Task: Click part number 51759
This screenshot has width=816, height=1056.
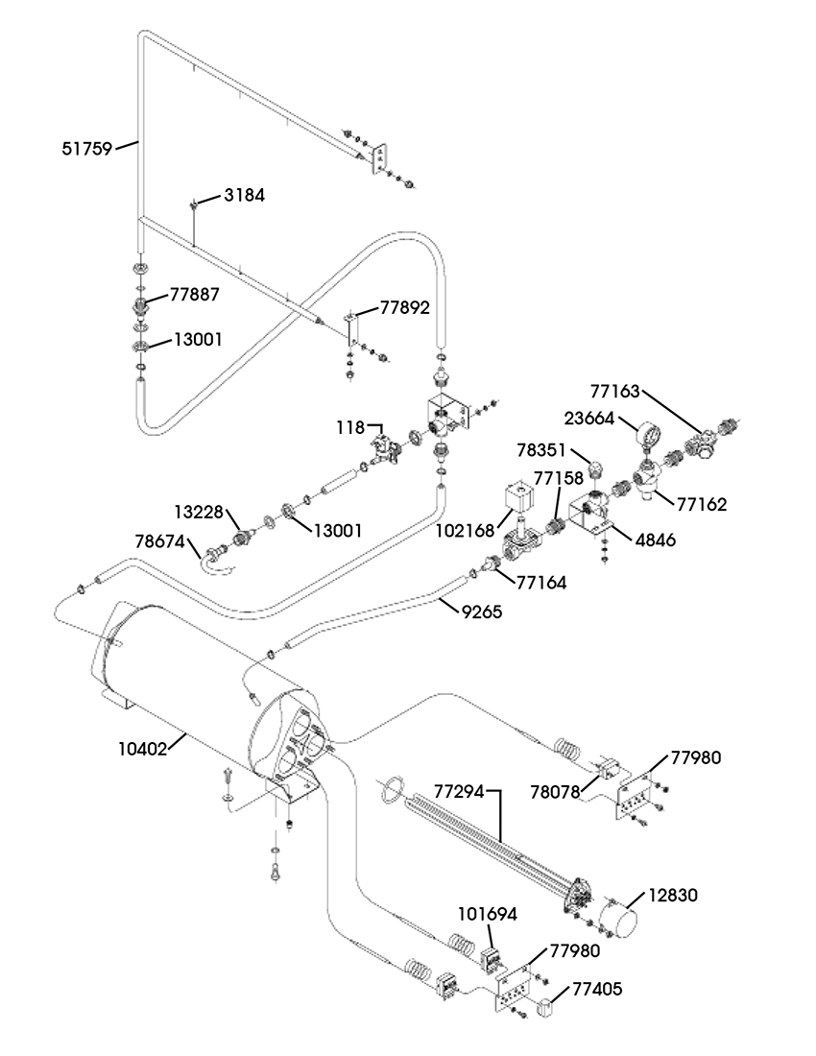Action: (86, 148)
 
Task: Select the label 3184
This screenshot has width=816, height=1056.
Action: (245, 195)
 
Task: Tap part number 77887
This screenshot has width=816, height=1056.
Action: (195, 295)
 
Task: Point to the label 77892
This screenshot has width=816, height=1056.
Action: (404, 308)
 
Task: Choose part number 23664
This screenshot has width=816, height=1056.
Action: (589, 419)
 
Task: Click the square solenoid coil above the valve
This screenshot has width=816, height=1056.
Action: (519, 501)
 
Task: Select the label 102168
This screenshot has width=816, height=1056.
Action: (466, 530)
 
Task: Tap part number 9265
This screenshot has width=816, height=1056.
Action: (481, 612)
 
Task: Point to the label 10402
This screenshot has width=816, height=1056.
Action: (143, 748)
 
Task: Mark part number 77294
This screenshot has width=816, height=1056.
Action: (459, 791)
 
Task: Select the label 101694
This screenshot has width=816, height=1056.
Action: (488, 914)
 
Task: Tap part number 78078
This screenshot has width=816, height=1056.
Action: (555, 792)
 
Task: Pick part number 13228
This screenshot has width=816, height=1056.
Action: (199, 512)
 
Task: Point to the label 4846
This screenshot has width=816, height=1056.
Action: (655, 540)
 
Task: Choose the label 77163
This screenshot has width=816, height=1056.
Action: (615, 391)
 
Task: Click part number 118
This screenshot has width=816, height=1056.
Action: (350, 427)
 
